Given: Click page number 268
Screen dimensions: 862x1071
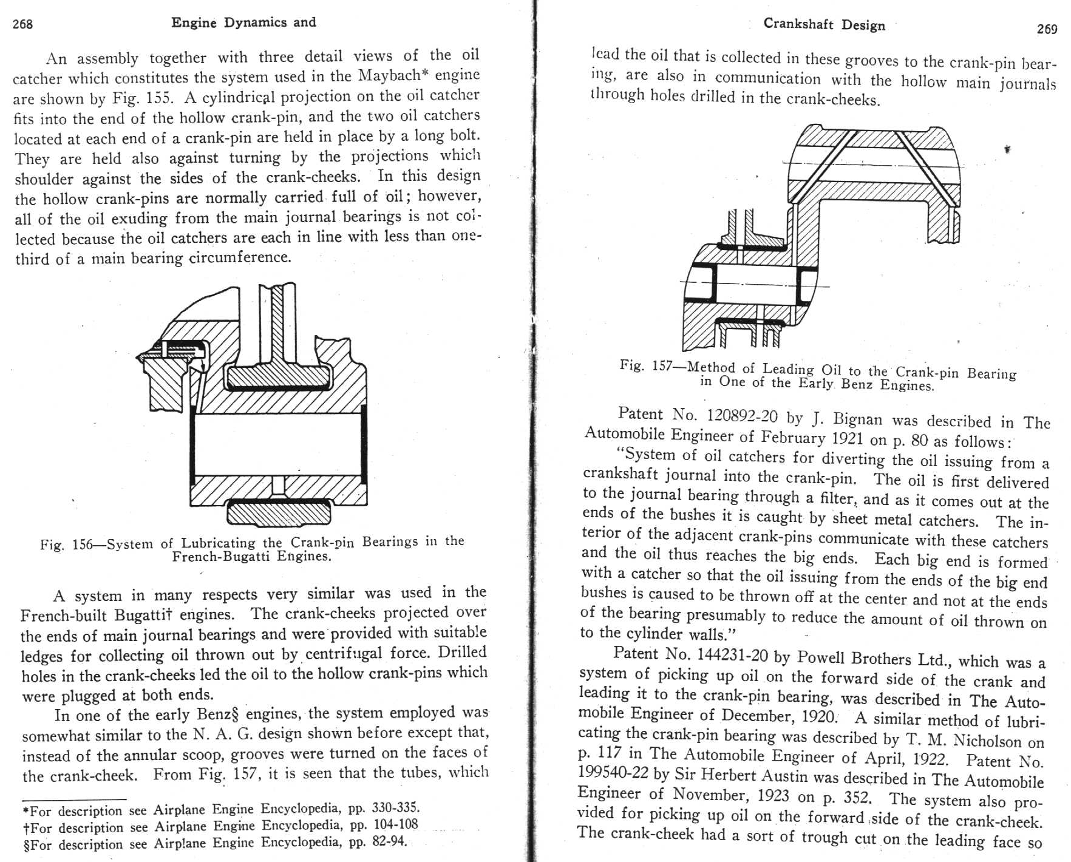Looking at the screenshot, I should pos(22,24).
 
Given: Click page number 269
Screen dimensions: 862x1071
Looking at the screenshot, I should pos(1047,29).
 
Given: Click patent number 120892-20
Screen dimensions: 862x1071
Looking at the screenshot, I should pos(742,416).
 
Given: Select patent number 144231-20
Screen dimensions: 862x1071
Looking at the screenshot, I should pos(733,655).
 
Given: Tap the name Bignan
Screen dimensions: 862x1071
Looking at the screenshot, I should pos(857,419).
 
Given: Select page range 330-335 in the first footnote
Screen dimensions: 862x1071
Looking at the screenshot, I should pos(395,808).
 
